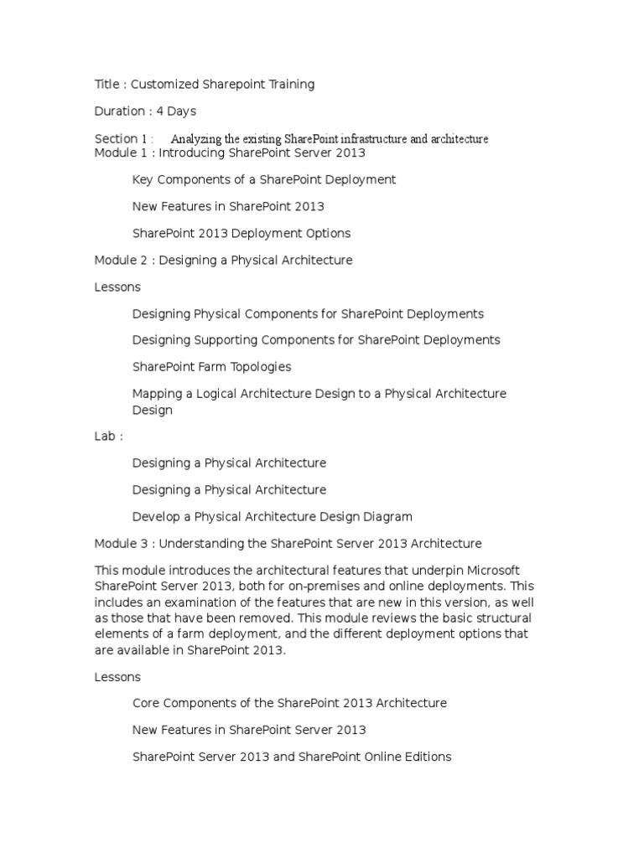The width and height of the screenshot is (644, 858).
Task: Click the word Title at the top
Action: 106,84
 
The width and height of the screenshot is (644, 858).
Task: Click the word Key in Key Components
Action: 143,179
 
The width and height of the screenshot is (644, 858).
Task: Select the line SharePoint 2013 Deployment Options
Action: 241,233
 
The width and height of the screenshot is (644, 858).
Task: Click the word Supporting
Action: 226,339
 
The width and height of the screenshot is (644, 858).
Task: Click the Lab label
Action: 106,436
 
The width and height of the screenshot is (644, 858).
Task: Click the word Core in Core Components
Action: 147,703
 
